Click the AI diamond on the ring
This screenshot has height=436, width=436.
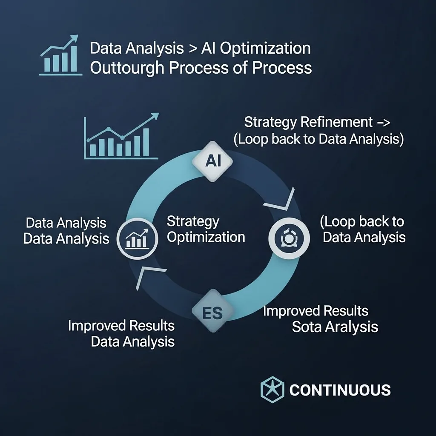212,161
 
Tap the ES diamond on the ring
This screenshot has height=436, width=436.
212,310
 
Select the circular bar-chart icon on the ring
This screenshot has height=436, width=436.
137,238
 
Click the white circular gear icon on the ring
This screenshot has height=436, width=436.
289,238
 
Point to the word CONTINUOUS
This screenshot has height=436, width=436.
340,390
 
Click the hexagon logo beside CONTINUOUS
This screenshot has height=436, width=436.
272,389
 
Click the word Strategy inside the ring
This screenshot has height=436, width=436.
193,222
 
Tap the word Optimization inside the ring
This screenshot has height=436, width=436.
206,237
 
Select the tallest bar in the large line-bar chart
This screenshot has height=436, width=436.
146,142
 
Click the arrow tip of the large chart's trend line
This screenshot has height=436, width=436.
158,113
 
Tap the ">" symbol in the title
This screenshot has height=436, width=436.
192,49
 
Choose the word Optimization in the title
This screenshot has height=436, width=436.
265,49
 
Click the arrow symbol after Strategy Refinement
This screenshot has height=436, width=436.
384,123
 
